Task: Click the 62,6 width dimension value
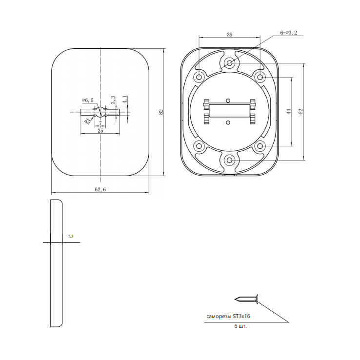coord(100,189)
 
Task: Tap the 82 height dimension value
coord(161,112)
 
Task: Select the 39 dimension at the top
coord(230,35)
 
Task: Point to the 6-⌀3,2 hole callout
coord(288,33)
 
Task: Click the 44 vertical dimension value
coord(289,111)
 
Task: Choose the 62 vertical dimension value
coord(301,111)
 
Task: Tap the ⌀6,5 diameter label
coord(88,100)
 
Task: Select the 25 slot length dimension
coord(100,131)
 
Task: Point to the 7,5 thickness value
coord(71,236)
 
